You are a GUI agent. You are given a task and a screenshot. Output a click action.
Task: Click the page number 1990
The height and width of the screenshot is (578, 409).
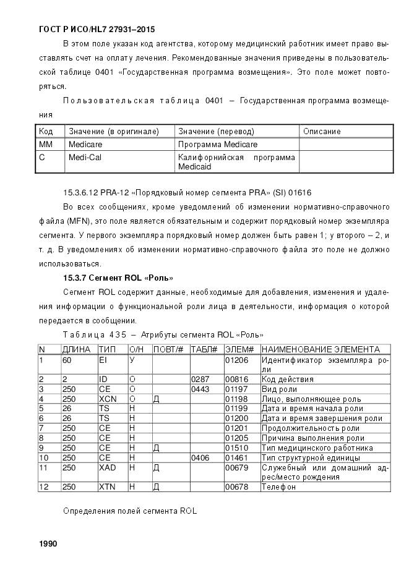click(x=48, y=544)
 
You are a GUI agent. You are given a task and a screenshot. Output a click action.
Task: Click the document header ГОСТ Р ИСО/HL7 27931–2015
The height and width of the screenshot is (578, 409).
click(x=97, y=29)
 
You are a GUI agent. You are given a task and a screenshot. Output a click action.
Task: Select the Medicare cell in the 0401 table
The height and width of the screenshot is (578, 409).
click(x=85, y=144)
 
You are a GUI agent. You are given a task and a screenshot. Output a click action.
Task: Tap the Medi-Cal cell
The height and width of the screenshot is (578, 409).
click(x=85, y=157)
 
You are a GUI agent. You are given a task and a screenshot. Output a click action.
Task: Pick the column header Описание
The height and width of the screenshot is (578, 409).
click(x=322, y=131)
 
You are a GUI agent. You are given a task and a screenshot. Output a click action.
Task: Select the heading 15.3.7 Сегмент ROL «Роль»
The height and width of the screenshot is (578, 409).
click(x=118, y=278)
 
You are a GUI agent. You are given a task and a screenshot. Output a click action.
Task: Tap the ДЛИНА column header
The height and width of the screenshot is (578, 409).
click(x=76, y=349)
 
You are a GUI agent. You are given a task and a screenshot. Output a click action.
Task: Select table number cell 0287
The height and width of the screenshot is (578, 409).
click(x=201, y=379)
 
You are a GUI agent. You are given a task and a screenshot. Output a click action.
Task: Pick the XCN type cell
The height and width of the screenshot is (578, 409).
click(x=107, y=399)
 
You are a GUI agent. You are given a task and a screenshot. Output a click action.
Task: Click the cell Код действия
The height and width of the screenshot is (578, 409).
click(x=288, y=379)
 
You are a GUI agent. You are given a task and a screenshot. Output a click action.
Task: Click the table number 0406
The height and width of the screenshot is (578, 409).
click(x=201, y=457)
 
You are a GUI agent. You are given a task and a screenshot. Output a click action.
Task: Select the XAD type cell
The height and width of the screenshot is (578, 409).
click(x=107, y=467)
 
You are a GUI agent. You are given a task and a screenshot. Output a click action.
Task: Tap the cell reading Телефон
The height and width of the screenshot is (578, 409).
click(x=278, y=487)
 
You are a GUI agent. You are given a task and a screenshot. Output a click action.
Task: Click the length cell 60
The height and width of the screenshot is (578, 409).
click(x=67, y=359)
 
